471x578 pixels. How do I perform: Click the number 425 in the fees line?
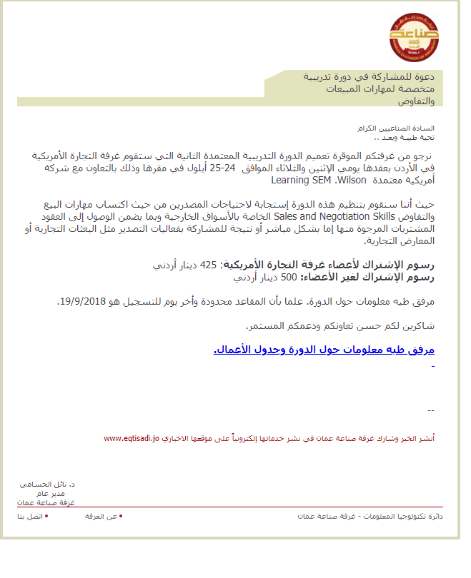[208, 265]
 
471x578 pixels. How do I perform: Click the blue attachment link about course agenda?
[324, 350]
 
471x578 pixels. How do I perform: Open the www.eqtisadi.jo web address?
[131, 438]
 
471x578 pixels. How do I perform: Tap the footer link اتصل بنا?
[30, 515]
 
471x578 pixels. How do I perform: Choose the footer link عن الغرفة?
[101, 515]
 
